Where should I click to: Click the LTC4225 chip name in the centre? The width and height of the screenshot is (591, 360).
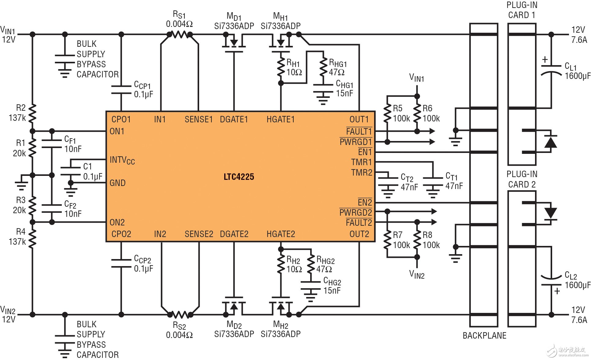(x=239, y=177)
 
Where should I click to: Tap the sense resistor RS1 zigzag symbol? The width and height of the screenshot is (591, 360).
(x=180, y=35)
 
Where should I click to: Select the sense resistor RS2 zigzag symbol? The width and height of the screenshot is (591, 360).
(x=180, y=314)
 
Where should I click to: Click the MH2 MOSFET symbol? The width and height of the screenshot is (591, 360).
(x=281, y=306)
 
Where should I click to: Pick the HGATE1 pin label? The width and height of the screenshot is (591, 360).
(x=281, y=119)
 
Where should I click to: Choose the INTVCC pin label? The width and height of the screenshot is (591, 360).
(x=122, y=160)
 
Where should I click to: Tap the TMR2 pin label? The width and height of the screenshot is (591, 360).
(x=361, y=173)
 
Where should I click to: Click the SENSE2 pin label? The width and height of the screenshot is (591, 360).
(x=199, y=234)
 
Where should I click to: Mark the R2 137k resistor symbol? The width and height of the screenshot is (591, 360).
(x=32, y=113)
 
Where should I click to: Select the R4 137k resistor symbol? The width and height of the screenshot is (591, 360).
(x=32, y=237)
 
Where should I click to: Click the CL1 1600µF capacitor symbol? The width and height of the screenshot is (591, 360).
(x=551, y=70)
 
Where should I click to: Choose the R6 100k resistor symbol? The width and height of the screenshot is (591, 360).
(x=417, y=114)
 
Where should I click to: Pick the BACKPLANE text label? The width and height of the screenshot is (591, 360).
(x=484, y=336)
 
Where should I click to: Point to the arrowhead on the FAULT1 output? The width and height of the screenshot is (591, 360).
(x=432, y=131)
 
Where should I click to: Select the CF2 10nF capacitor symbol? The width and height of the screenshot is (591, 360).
(x=52, y=209)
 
